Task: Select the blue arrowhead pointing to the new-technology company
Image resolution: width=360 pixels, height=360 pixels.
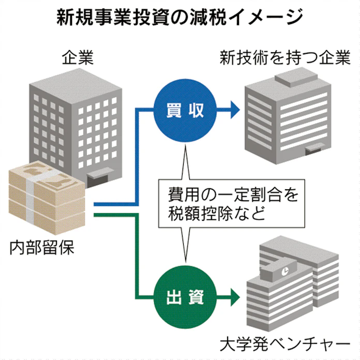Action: [234, 109]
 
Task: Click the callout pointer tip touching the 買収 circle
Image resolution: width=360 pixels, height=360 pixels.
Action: [185, 140]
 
